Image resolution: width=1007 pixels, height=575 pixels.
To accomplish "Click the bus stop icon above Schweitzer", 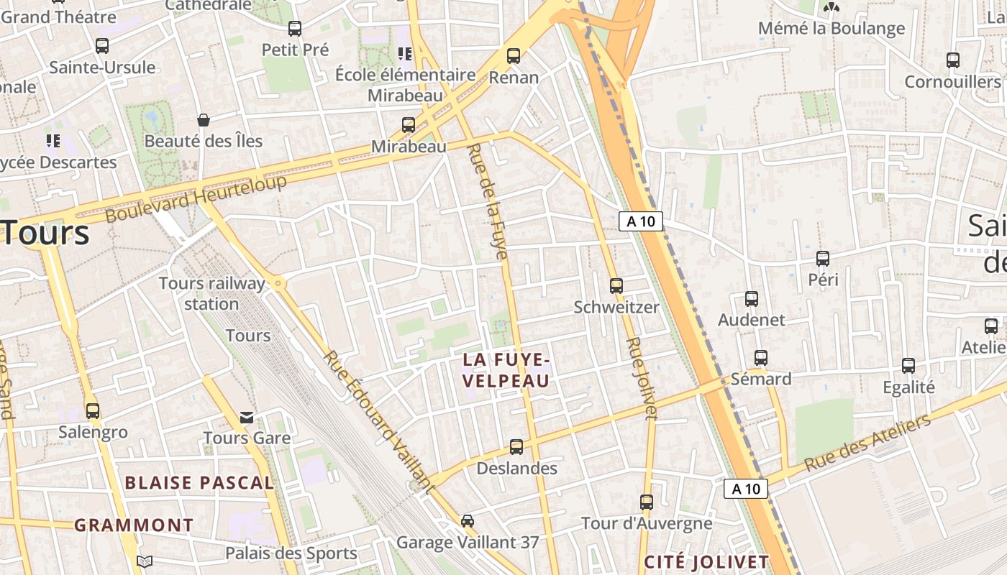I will pos(616,285).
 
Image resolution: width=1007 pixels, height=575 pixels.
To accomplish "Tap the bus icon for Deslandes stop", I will pos(516,447).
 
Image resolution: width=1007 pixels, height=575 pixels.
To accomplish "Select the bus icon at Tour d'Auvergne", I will pos(647,502).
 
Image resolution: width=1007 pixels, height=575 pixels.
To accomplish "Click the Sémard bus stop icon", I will pos(761,357).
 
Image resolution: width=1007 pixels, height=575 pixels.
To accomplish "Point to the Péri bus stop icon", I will pos(823,259).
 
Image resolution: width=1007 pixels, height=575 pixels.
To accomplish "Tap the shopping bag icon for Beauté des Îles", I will pos(204,120).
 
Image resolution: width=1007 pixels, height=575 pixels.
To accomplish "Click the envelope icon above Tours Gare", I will pos(247,418).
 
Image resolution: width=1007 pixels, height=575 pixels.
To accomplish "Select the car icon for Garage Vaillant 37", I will pos(468,520).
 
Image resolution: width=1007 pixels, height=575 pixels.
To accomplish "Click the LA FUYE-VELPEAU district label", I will pos(506,369).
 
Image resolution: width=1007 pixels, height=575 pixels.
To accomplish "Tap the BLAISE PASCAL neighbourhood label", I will pos(200,482).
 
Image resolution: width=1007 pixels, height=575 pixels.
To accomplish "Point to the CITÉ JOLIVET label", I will pos(706,561).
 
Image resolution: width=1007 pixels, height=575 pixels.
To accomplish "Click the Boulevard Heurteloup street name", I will pos(196,197).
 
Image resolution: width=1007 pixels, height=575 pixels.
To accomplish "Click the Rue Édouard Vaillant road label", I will pos(379,422).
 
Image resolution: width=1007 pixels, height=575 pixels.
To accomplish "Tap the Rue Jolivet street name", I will pos(642,378).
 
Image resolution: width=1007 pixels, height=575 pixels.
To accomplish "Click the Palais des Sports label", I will pos(291,553).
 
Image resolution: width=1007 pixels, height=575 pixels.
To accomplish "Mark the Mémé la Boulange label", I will pos(831,29).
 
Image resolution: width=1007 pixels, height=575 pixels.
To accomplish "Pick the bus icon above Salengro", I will pos(93,411).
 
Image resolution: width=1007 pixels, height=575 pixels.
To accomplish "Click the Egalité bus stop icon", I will pos(908,366).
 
